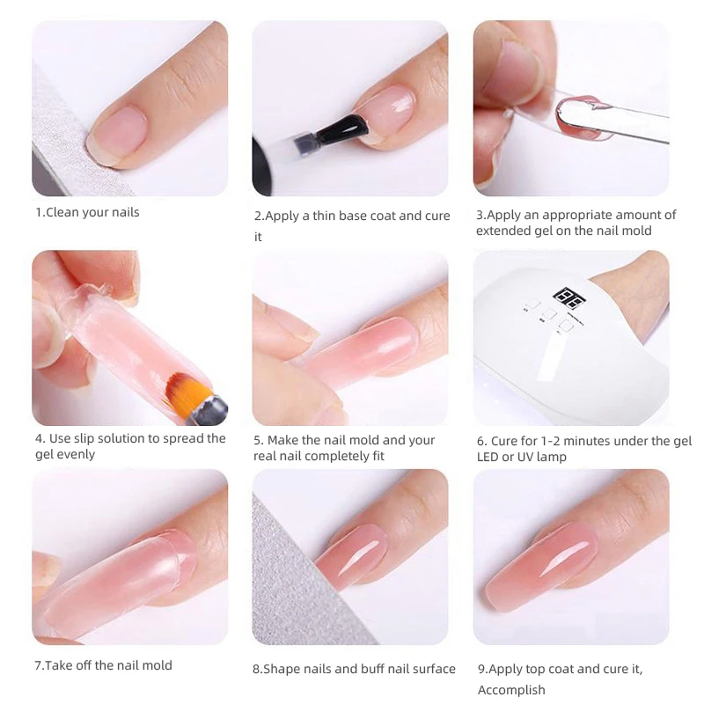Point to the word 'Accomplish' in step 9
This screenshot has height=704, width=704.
coord(512,691)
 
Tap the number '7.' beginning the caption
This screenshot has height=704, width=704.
coord(39,665)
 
